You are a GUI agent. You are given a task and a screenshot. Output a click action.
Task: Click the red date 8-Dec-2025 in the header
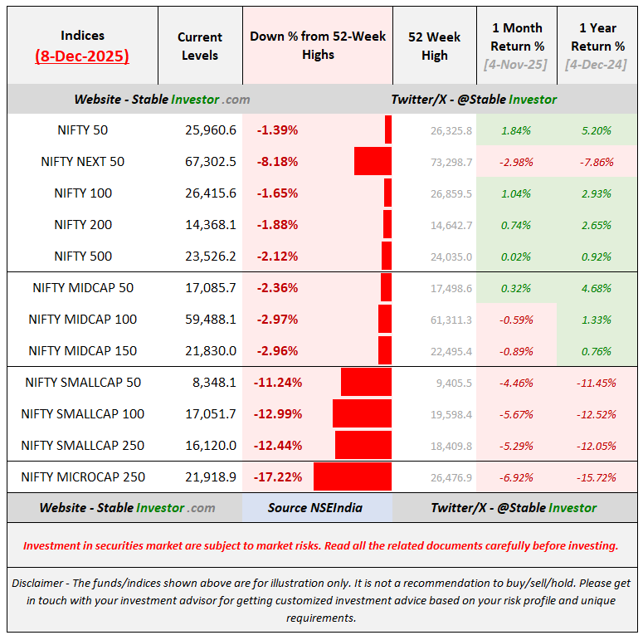tap(82, 56)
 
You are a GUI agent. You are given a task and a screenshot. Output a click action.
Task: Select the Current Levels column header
tap(200, 46)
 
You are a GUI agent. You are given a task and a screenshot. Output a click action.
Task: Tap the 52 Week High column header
tap(434, 46)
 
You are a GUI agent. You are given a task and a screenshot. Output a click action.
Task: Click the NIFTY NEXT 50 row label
tap(82, 162)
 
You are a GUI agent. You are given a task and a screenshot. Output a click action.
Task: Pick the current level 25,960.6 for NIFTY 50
tap(211, 130)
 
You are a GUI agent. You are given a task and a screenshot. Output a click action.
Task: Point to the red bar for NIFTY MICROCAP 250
tap(353, 476)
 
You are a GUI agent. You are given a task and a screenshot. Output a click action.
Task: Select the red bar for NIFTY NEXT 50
tap(373, 161)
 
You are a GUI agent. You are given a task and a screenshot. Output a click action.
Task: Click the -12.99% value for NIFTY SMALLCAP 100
tap(278, 414)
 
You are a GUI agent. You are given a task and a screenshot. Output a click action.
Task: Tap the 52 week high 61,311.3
tap(451, 320)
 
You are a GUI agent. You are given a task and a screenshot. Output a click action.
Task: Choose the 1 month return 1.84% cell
tap(516, 130)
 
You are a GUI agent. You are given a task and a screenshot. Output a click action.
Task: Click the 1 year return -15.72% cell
tap(597, 477)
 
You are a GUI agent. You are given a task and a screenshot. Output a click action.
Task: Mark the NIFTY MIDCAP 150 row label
tap(82, 351)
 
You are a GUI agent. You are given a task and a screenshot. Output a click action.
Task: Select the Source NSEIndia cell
tap(315, 508)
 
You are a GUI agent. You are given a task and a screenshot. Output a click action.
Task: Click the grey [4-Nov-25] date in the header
tap(515, 65)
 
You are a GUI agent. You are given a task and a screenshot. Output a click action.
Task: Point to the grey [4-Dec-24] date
tap(596, 65)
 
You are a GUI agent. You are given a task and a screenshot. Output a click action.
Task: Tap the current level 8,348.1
tap(214, 383)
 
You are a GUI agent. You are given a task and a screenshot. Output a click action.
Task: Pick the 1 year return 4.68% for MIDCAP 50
tap(597, 288)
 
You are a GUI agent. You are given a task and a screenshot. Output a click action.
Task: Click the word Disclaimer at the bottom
tap(37, 583)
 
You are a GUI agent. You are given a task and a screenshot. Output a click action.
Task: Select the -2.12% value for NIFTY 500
tap(277, 256)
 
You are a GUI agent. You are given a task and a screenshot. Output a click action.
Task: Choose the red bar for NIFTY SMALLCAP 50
tap(366, 382)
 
